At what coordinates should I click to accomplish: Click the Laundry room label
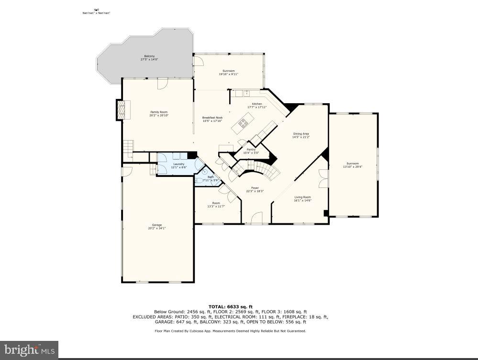tap(178, 164)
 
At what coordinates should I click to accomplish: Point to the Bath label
tap(211, 177)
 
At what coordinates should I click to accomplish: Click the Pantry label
tap(251, 150)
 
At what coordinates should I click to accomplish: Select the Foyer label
tap(255, 188)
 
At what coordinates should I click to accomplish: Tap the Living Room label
tap(302, 197)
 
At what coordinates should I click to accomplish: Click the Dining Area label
tap(300, 134)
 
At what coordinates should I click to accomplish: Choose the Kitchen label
tap(257, 104)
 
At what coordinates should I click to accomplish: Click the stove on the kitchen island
tap(243, 123)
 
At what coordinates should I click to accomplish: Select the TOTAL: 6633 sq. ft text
tap(230, 306)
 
